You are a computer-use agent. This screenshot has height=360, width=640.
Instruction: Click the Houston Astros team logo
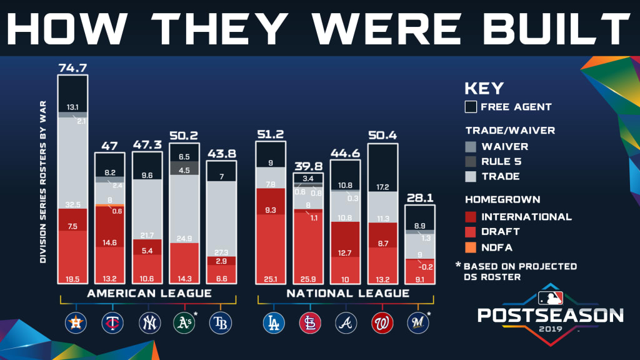click(x=74, y=322)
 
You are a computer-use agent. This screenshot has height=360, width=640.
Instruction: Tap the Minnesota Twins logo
click(x=111, y=322)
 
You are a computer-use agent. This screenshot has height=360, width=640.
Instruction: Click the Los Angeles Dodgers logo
click(x=273, y=322)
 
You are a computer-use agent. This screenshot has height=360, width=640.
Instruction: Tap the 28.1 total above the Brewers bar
click(x=419, y=199)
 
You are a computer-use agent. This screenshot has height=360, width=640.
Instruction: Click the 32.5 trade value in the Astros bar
click(x=72, y=203)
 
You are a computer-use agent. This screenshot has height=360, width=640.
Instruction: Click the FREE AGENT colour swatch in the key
click(x=471, y=107)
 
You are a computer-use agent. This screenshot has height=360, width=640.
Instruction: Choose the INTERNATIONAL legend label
click(x=526, y=217)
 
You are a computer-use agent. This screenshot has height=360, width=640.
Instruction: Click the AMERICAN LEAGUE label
click(x=149, y=293)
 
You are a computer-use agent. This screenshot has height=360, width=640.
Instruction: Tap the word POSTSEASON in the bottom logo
click(x=550, y=314)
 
